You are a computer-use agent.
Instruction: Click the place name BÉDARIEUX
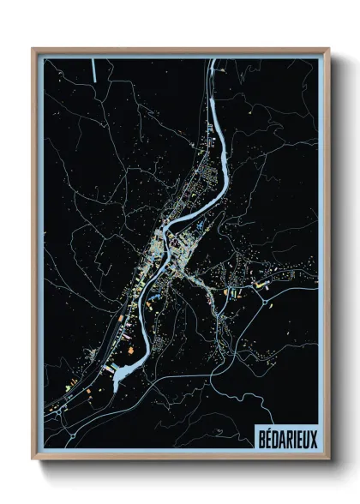click(x=285, y=437)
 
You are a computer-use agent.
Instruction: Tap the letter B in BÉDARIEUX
click(x=260, y=437)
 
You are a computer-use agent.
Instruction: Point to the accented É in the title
click(x=267, y=437)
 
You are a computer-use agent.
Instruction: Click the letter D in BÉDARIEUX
click(x=273, y=437)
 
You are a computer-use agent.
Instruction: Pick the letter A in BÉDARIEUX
click(x=280, y=437)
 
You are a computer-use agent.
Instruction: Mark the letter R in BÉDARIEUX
click(x=287, y=437)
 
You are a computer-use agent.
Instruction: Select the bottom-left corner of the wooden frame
click(x=33, y=459)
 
